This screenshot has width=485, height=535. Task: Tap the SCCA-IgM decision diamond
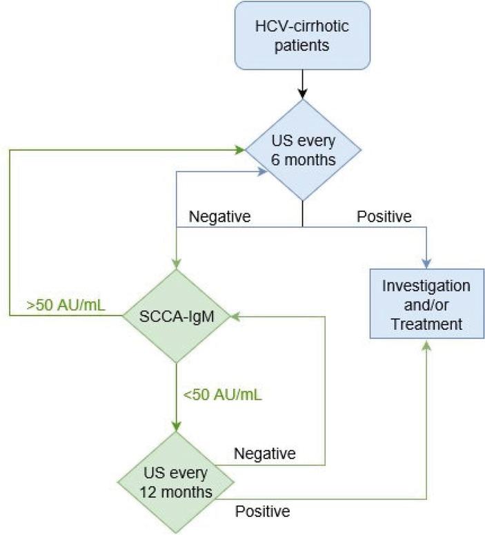point(177,315)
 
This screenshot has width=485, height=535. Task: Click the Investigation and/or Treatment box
point(426,304)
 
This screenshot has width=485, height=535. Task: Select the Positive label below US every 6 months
point(384,217)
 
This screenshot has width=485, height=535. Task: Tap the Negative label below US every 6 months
point(219,217)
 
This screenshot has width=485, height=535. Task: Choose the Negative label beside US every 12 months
point(265,454)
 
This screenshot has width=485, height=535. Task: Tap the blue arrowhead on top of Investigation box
point(426,263)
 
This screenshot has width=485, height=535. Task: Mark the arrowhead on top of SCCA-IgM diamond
point(177,263)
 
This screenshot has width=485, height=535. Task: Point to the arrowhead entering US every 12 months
point(177,427)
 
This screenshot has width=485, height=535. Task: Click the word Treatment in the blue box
point(426,324)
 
